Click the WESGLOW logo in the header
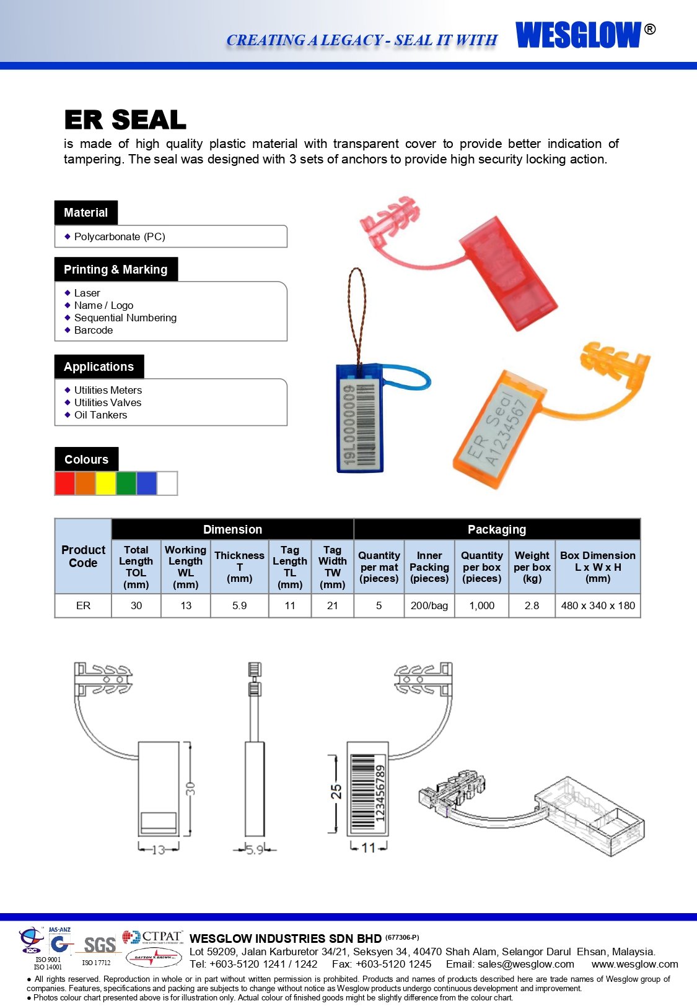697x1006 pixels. click(578, 35)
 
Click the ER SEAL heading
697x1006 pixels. click(125, 119)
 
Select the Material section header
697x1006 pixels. click(85, 212)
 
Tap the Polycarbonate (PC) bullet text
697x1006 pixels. click(120, 236)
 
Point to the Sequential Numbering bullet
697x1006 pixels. click(125, 318)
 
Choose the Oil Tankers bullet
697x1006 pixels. click(100, 415)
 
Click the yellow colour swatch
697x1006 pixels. click(105, 483)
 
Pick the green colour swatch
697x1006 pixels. click(126, 483)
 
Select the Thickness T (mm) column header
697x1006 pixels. click(239, 566)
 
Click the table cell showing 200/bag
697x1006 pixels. click(429, 605)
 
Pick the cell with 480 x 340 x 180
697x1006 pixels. click(598, 605)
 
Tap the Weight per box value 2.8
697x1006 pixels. click(532, 605)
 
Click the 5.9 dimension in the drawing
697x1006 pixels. click(254, 850)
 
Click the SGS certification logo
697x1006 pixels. click(100, 945)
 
